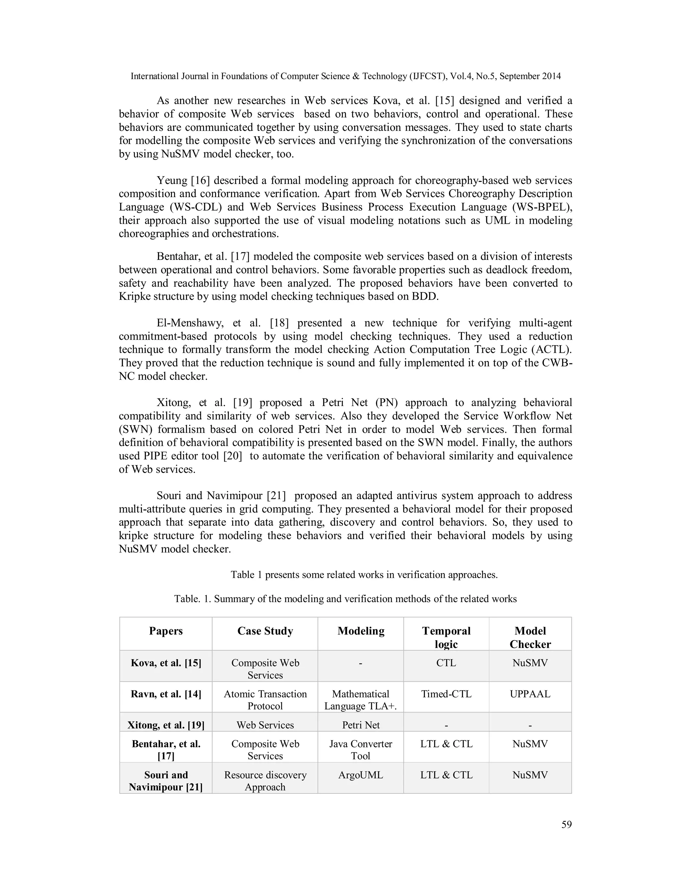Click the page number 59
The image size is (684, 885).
pos(566,824)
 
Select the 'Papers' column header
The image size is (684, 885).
pos(166,631)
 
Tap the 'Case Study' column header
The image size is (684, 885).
pos(265,631)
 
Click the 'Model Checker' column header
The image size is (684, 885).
pos(530,638)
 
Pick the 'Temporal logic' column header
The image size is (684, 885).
pos(446,638)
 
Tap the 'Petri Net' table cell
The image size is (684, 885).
pos(361,725)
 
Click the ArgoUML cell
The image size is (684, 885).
pos(361,775)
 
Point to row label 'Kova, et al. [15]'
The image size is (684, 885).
pos(166,663)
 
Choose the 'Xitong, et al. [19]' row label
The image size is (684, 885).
pos(166,725)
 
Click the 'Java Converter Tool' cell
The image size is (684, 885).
pos(361,750)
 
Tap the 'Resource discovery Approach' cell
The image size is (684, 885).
pos(265,781)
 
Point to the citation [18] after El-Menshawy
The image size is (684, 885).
pos(279,323)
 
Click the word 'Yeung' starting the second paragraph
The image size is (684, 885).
pos(171,180)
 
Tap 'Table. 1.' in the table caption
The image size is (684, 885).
pos(192,599)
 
